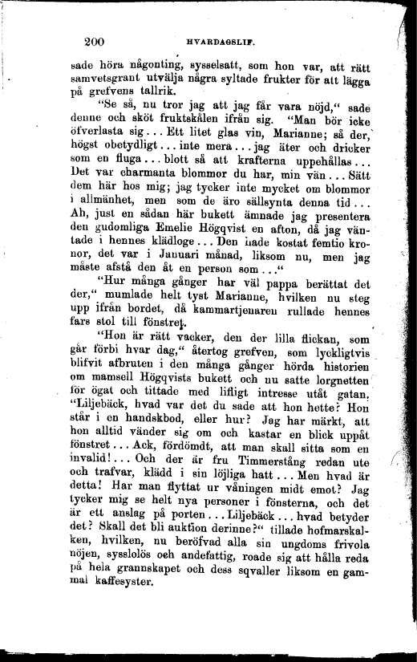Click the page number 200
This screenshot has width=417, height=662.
tap(95, 43)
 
